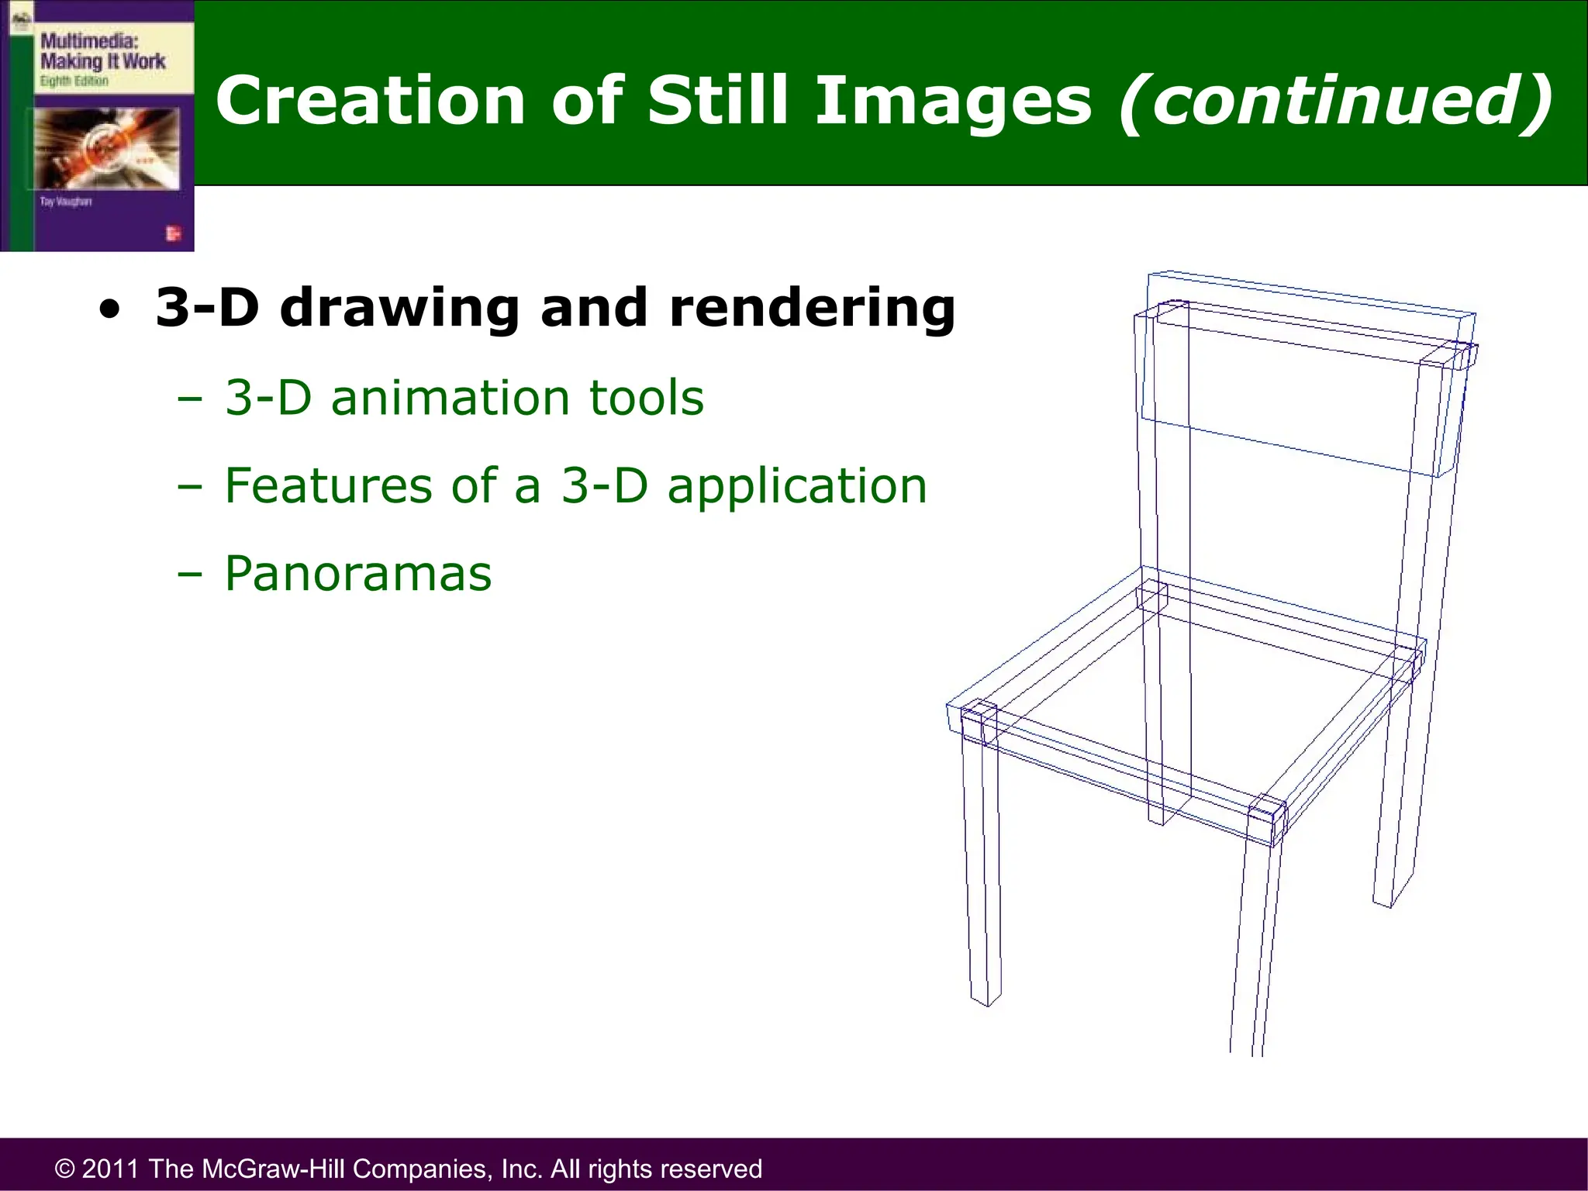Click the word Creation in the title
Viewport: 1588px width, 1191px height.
coord(371,101)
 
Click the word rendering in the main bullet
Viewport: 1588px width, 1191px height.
coord(812,309)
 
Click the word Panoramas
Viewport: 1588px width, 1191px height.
coord(358,574)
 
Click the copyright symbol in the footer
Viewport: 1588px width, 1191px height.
coord(65,1169)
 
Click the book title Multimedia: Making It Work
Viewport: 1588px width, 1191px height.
coord(102,51)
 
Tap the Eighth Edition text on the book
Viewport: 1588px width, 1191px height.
coord(74,81)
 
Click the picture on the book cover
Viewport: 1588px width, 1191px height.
coord(106,147)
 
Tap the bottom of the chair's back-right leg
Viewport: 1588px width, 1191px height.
coord(1388,901)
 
